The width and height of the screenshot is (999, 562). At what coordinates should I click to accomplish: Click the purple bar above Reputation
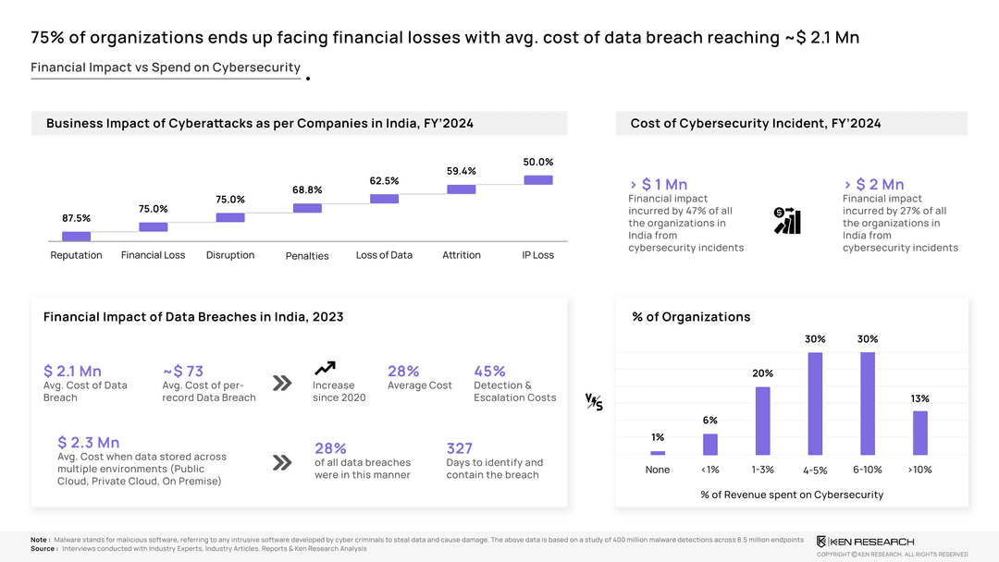pyautogui.click(x=76, y=236)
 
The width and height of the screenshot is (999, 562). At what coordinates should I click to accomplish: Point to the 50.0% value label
pyautogui.click(x=538, y=162)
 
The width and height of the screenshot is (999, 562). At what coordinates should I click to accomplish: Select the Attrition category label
pyautogui.click(x=461, y=255)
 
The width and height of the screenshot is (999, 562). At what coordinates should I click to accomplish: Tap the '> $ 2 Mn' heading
pyautogui.click(x=874, y=185)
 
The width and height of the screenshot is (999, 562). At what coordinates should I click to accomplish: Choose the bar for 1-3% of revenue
pyautogui.click(x=762, y=421)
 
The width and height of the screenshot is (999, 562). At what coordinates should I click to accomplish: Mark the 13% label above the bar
pyautogui.click(x=919, y=398)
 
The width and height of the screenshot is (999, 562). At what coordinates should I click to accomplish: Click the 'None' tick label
pyautogui.click(x=658, y=470)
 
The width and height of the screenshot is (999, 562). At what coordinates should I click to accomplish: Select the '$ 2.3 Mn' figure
pyautogui.click(x=88, y=443)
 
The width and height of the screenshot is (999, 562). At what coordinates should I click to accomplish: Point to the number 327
pyautogui.click(x=460, y=448)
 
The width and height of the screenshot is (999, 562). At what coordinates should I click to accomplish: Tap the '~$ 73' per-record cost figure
pyautogui.click(x=183, y=372)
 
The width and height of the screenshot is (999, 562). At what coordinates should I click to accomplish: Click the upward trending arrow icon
pyautogui.click(x=325, y=368)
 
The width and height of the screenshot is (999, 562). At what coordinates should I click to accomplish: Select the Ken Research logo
pyautogui.click(x=865, y=541)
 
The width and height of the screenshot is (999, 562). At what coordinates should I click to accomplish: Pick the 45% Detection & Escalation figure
pyautogui.click(x=489, y=372)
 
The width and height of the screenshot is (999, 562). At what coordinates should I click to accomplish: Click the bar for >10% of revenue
pyautogui.click(x=919, y=433)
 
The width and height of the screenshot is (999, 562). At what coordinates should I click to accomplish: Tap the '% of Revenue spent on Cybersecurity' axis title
pyautogui.click(x=792, y=495)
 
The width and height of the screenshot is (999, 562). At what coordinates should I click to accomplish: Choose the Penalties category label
pyautogui.click(x=307, y=256)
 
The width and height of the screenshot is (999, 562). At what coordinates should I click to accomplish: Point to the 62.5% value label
pyautogui.click(x=384, y=180)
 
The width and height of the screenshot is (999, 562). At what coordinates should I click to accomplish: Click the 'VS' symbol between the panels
pyautogui.click(x=594, y=401)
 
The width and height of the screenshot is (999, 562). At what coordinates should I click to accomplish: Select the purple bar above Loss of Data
pyautogui.click(x=384, y=199)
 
